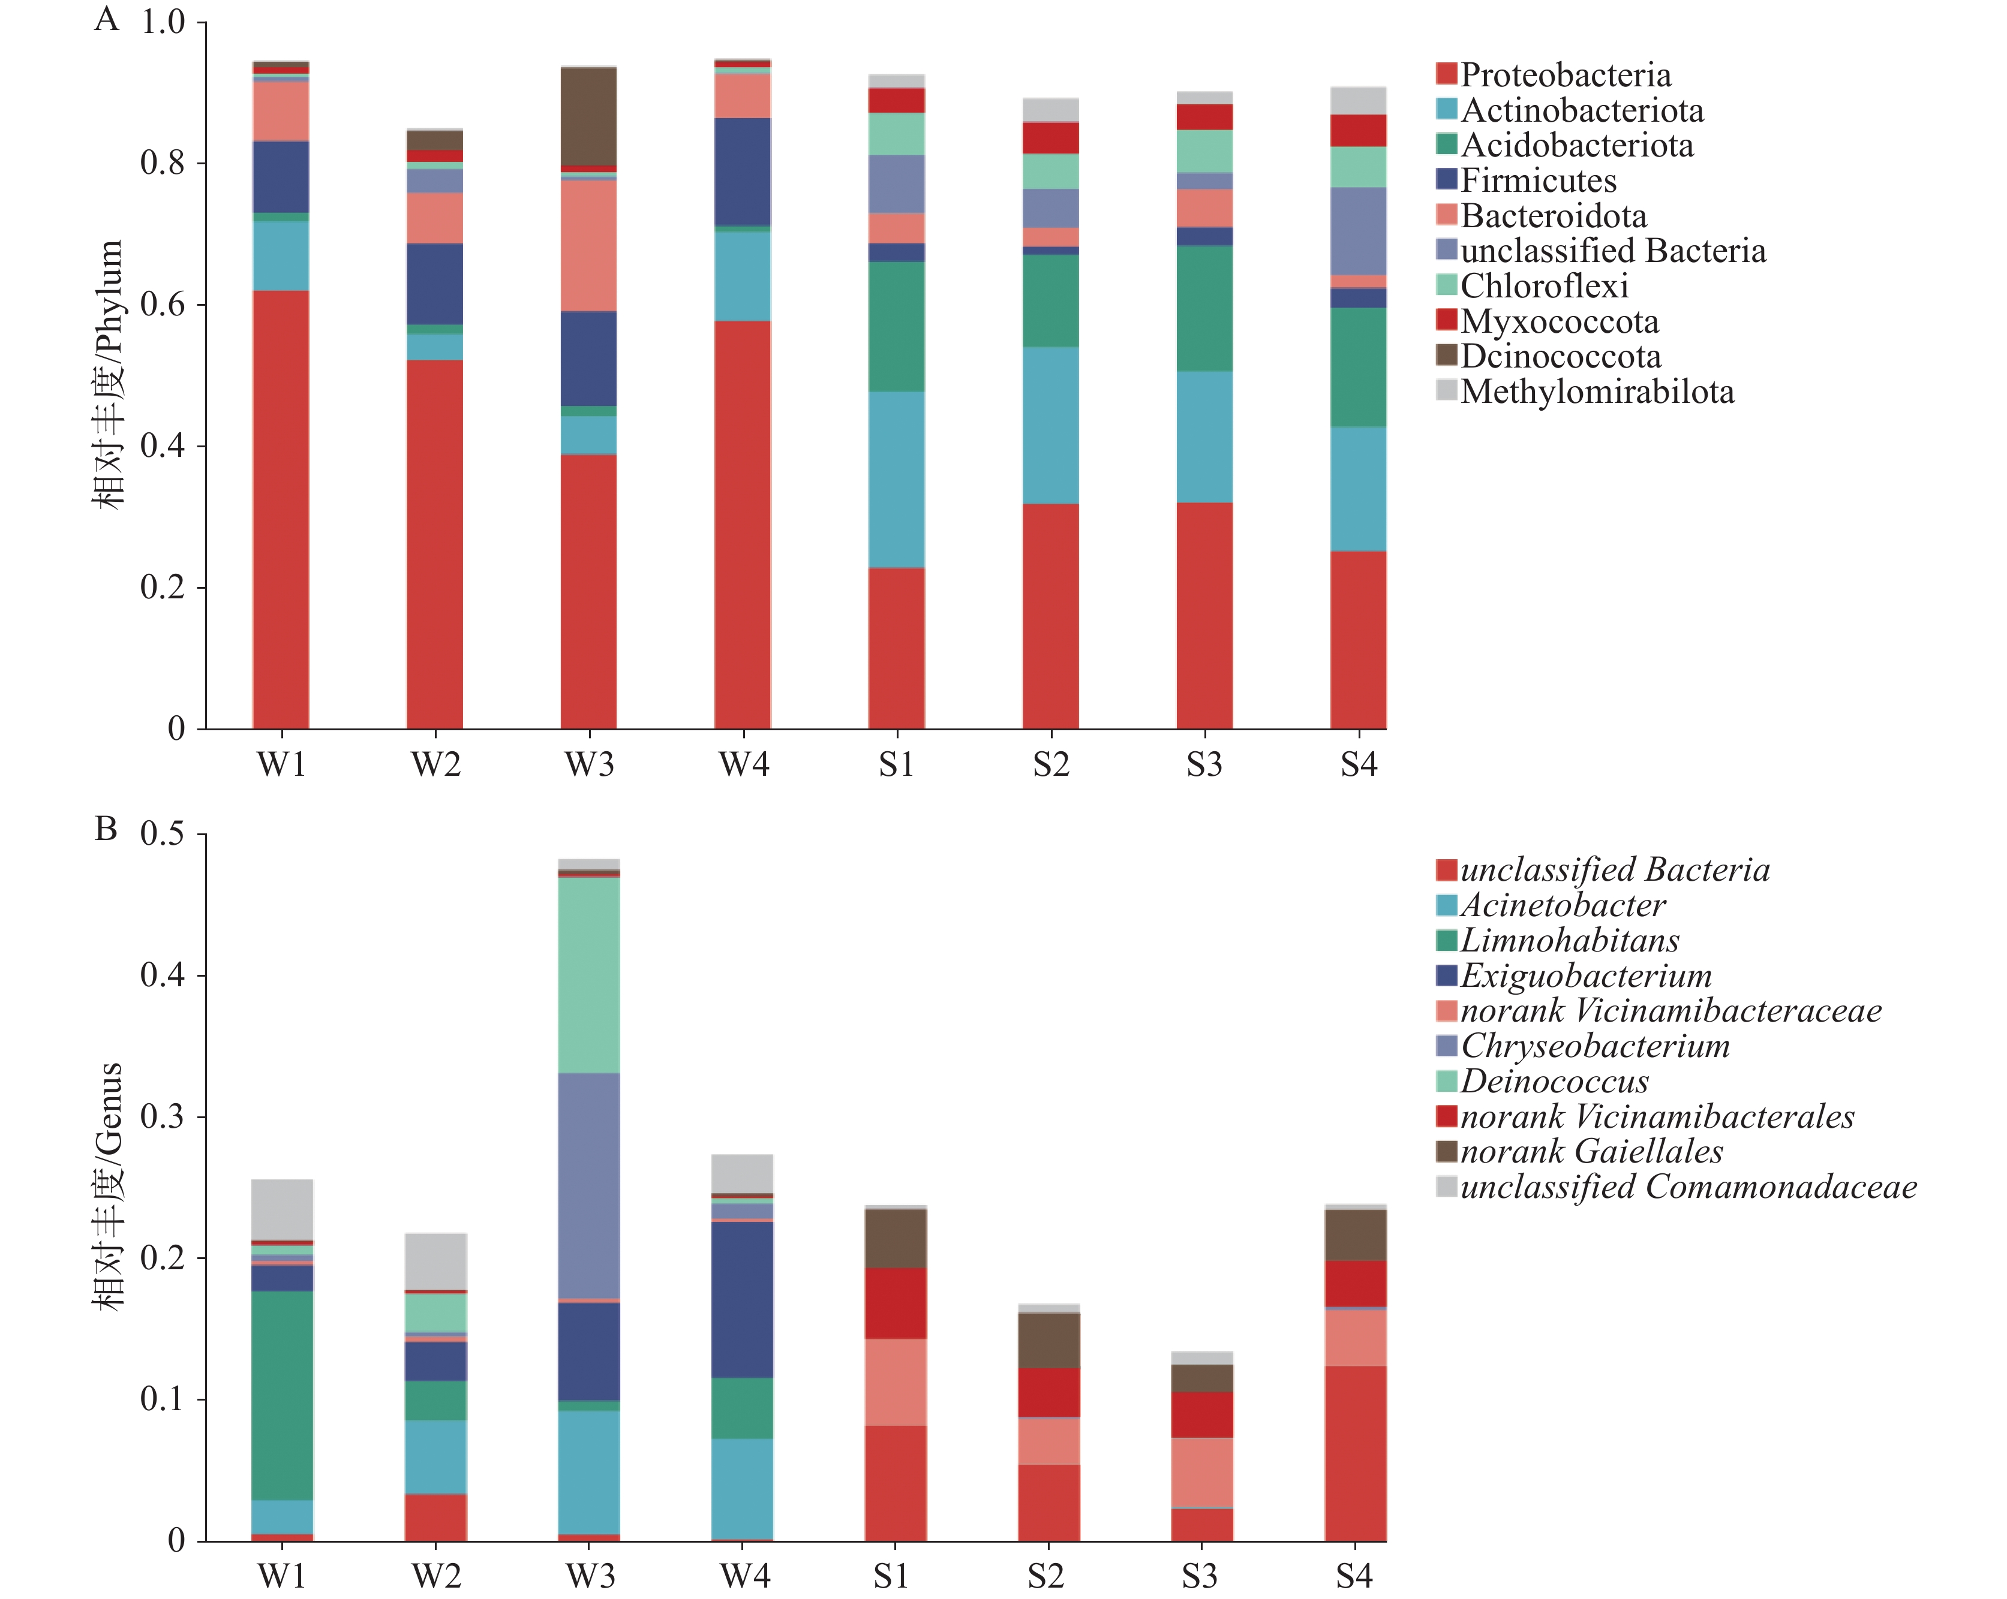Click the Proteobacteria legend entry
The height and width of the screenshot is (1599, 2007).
(1564, 74)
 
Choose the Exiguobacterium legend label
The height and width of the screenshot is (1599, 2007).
(1585, 975)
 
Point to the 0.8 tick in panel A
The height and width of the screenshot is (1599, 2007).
(163, 163)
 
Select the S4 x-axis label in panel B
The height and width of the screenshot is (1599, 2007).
(1354, 1576)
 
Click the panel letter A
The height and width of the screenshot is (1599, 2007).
(106, 19)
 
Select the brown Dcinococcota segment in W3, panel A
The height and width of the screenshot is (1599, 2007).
(588, 116)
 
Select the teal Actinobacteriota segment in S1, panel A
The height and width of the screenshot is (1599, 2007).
(897, 479)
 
